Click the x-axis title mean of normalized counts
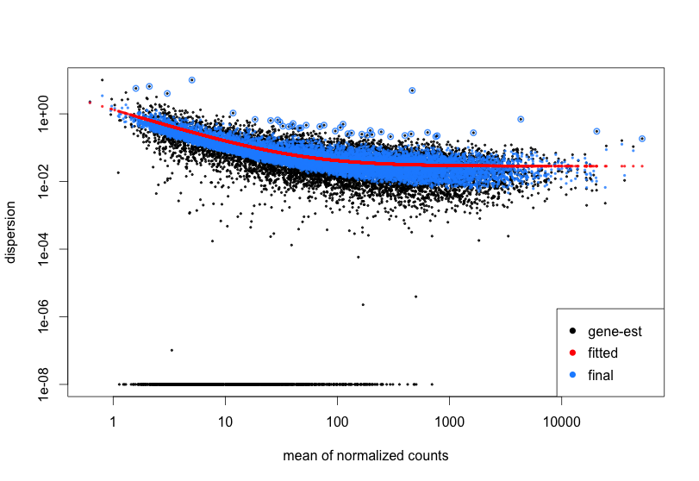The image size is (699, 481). [365, 455]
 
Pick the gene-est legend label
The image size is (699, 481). [615, 331]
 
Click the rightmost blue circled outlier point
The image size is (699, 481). [642, 139]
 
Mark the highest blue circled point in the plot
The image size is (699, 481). [191, 79]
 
